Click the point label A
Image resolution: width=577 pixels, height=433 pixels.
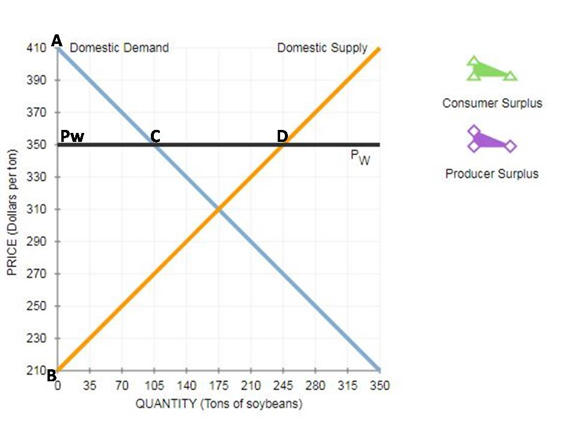pyautogui.click(x=57, y=40)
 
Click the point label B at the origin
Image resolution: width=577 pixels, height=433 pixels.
pyautogui.click(x=52, y=376)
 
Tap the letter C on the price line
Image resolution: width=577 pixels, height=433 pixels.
pyautogui.click(x=155, y=137)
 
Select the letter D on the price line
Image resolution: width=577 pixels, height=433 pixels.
pyautogui.click(x=282, y=137)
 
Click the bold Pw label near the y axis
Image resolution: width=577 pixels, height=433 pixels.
pyautogui.click(x=72, y=137)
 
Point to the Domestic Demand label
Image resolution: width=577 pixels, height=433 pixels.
pyautogui.click(x=119, y=48)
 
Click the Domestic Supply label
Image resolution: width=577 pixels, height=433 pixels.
pyautogui.click(x=322, y=48)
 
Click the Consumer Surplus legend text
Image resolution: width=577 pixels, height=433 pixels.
pyautogui.click(x=492, y=103)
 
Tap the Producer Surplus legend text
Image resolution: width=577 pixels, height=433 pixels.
pyautogui.click(x=492, y=174)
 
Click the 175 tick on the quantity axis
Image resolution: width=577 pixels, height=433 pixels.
pyautogui.click(x=219, y=385)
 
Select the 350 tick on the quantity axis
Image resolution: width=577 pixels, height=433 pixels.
pyautogui.click(x=379, y=385)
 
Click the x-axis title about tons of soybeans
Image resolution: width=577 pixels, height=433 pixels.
pyautogui.click(x=219, y=404)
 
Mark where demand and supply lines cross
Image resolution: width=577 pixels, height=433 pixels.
pyautogui.click(x=219, y=209)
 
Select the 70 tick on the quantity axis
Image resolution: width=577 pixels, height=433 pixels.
pyautogui.click(x=121, y=385)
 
